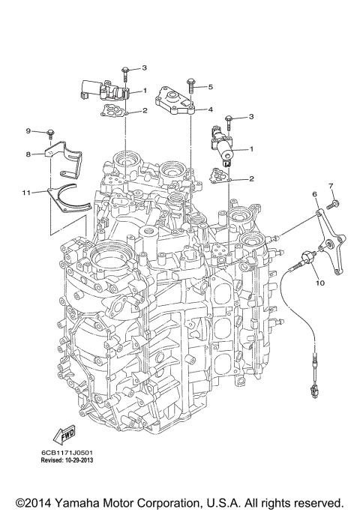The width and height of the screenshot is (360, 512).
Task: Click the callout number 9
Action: click(28, 131)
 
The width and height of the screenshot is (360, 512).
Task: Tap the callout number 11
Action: click(26, 193)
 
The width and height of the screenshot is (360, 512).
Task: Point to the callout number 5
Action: click(211, 87)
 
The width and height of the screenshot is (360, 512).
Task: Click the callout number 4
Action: click(211, 109)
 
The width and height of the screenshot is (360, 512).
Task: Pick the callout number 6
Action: click(315, 194)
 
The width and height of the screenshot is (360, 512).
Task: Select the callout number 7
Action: click(329, 184)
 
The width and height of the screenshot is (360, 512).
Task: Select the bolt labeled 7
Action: click(335, 202)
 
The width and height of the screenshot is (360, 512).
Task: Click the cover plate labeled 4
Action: click(175, 100)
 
